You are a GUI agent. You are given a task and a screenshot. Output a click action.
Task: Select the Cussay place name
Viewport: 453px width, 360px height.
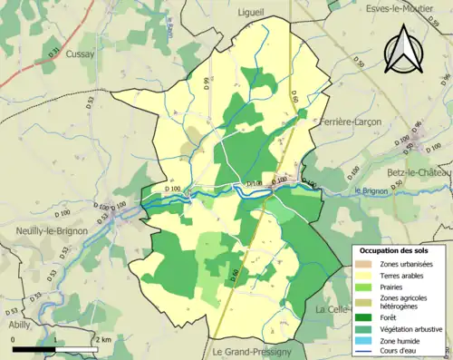coord(80,54)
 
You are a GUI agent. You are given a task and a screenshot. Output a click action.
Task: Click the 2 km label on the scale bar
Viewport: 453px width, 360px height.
coord(102,339)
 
